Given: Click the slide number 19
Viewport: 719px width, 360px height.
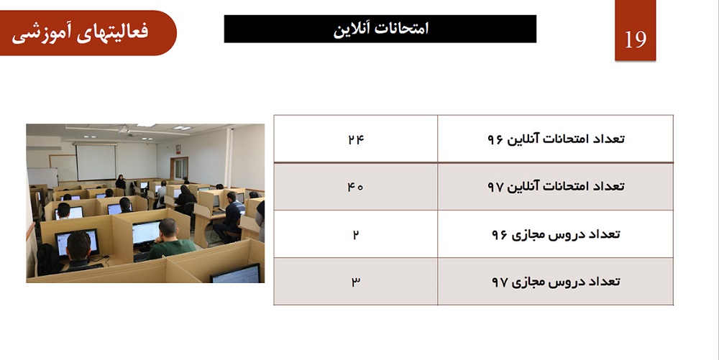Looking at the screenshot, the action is pyautogui.click(x=635, y=40).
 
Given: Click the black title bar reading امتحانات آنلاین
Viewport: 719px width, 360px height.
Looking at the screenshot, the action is pyautogui.click(x=380, y=29).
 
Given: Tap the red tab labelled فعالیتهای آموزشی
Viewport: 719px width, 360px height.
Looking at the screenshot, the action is pyautogui.click(x=88, y=33).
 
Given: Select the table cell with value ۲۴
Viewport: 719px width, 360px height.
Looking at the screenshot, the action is pyautogui.click(x=356, y=139).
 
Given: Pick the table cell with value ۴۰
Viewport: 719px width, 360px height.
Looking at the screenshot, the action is pyautogui.click(x=356, y=186).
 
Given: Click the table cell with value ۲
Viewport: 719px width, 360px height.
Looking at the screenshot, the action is pyautogui.click(x=356, y=234).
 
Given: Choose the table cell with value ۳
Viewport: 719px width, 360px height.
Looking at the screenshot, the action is pyautogui.click(x=356, y=281).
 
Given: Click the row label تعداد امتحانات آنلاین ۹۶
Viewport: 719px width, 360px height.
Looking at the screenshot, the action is pyautogui.click(x=556, y=138).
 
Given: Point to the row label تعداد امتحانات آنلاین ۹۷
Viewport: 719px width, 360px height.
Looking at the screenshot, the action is pyautogui.click(x=556, y=186).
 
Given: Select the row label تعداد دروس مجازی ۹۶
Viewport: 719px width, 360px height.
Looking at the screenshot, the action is pyautogui.click(x=556, y=234).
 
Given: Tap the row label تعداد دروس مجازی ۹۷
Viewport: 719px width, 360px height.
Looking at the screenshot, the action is pyautogui.click(x=556, y=281).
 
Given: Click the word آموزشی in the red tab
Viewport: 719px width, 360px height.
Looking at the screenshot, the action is pyautogui.click(x=41, y=34).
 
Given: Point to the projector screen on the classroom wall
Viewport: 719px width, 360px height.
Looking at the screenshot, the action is pyautogui.click(x=96, y=162).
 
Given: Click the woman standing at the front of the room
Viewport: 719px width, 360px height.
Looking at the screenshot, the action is pyautogui.click(x=121, y=183).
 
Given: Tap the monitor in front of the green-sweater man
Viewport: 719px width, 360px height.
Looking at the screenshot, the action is pyautogui.click(x=146, y=233).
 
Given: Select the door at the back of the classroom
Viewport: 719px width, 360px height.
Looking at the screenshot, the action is pyautogui.click(x=178, y=169).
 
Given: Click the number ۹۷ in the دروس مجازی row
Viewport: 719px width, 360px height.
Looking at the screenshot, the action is pyautogui.click(x=500, y=282).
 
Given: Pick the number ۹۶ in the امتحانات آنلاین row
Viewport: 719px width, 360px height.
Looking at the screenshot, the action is pyautogui.click(x=495, y=139).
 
